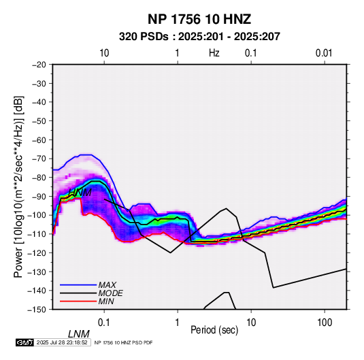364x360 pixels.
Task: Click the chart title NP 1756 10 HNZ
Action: point(199,19)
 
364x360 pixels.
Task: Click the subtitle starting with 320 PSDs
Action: point(199,37)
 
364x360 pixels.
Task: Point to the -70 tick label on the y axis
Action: point(39,159)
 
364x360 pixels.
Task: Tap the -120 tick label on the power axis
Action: point(37,252)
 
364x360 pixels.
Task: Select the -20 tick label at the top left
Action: point(39,65)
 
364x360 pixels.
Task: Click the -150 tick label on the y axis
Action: point(37,310)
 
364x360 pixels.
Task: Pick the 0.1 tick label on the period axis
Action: point(104,323)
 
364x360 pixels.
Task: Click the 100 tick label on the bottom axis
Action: point(325,323)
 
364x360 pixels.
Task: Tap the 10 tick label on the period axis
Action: point(251,323)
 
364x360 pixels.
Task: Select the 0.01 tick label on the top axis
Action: point(324,53)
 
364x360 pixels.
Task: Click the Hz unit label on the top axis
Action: point(214,53)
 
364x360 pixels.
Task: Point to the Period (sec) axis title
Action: point(214,330)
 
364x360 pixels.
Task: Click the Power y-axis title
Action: point(18,187)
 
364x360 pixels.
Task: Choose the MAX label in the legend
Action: point(107,285)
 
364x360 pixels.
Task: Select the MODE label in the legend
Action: point(110,293)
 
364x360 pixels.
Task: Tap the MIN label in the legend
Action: point(106,301)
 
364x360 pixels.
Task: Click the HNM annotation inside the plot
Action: point(80,193)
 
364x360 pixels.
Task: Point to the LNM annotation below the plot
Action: point(79,334)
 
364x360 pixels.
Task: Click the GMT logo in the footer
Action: point(24,342)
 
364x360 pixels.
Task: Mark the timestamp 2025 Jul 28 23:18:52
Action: point(62,342)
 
